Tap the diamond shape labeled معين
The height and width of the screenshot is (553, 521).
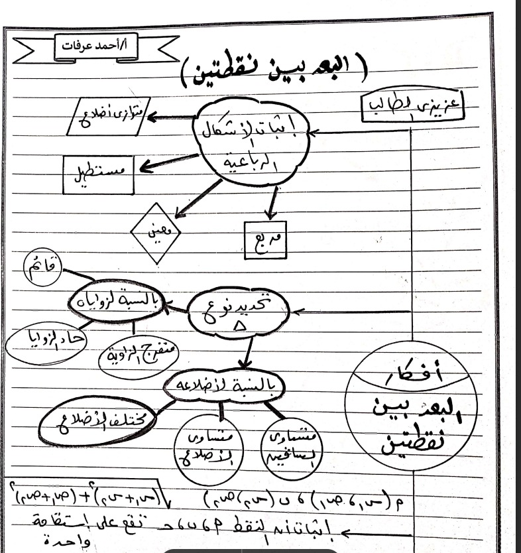(x=156, y=233)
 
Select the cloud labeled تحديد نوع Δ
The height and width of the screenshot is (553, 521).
(x=237, y=312)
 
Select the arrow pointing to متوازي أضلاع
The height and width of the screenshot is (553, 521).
(x=171, y=118)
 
